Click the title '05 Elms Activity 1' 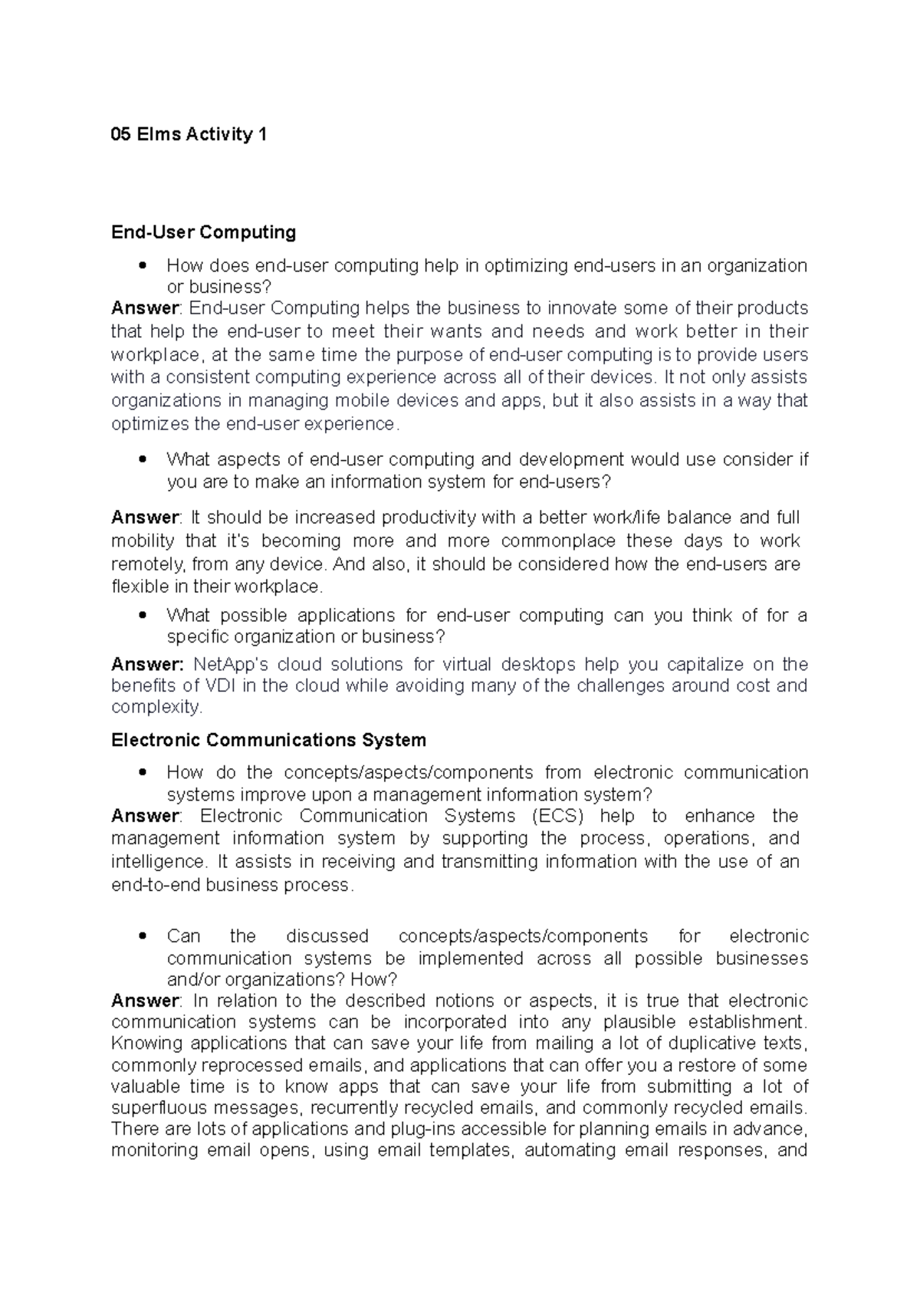tap(189, 135)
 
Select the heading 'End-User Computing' tap(203, 232)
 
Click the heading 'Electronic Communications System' tap(268, 740)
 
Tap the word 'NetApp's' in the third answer tap(230, 664)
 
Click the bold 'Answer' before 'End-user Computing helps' tap(144, 308)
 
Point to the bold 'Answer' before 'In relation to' tap(144, 1001)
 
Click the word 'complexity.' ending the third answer tap(157, 707)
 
